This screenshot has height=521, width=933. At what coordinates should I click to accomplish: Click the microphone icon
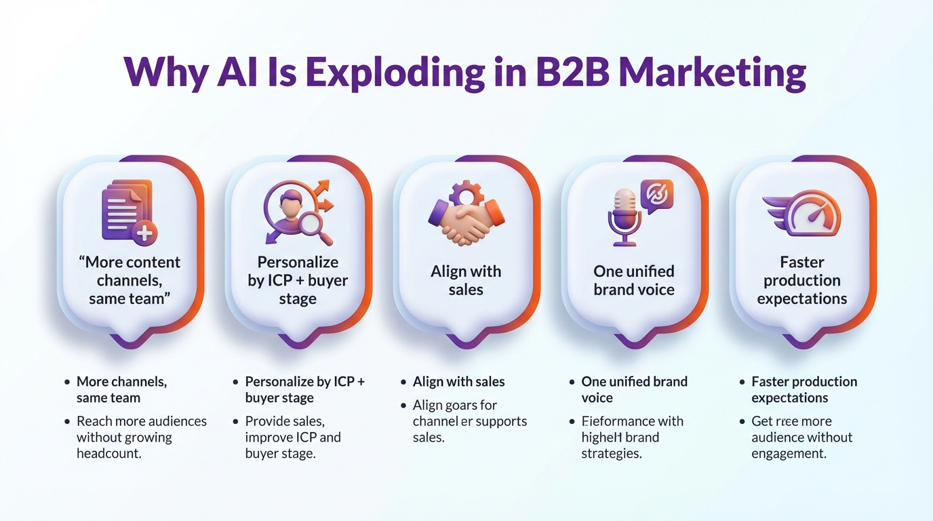tap(624, 216)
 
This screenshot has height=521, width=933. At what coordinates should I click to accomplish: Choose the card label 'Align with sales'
tap(466, 280)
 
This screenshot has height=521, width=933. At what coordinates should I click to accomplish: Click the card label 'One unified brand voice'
tap(634, 280)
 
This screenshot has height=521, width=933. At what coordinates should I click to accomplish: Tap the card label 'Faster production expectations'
tap(802, 280)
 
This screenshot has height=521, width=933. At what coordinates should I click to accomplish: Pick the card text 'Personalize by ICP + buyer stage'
tap(298, 280)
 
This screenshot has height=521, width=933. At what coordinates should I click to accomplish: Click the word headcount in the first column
tap(109, 454)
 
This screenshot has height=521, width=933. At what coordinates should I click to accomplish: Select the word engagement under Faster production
tap(789, 454)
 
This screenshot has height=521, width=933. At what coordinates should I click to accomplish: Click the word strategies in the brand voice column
tap(612, 454)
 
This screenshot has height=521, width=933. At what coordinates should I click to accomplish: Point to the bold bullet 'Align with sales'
tap(459, 381)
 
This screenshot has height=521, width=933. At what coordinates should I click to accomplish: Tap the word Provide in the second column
tap(267, 421)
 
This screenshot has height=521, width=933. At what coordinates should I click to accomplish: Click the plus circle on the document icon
tap(144, 234)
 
